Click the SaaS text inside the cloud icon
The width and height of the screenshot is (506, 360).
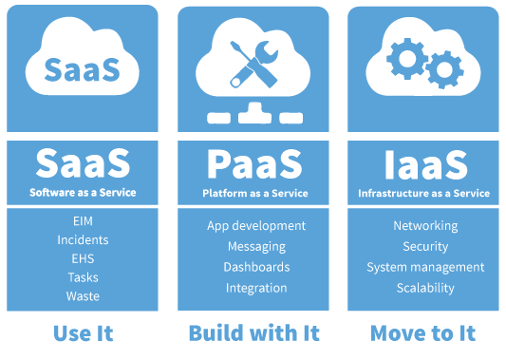click(83, 68)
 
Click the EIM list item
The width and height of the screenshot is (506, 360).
click(83, 220)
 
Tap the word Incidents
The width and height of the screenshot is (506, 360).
click(83, 239)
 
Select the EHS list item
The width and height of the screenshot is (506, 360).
click(83, 258)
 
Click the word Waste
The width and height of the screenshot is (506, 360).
click(83, 295)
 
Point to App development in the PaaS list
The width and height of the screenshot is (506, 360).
click(256, 226)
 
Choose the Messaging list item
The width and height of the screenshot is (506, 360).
click(256, 246)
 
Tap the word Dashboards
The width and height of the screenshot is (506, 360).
click(256, 267)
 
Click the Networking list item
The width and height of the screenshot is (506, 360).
click(425, 226)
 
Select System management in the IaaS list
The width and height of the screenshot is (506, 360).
click(425, 267)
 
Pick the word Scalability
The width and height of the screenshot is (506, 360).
click(425, 288)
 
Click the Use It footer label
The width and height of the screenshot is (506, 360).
click(83, 333)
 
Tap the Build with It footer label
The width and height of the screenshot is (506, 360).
click(253, 333)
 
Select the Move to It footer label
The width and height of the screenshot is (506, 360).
click(423, 333)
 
